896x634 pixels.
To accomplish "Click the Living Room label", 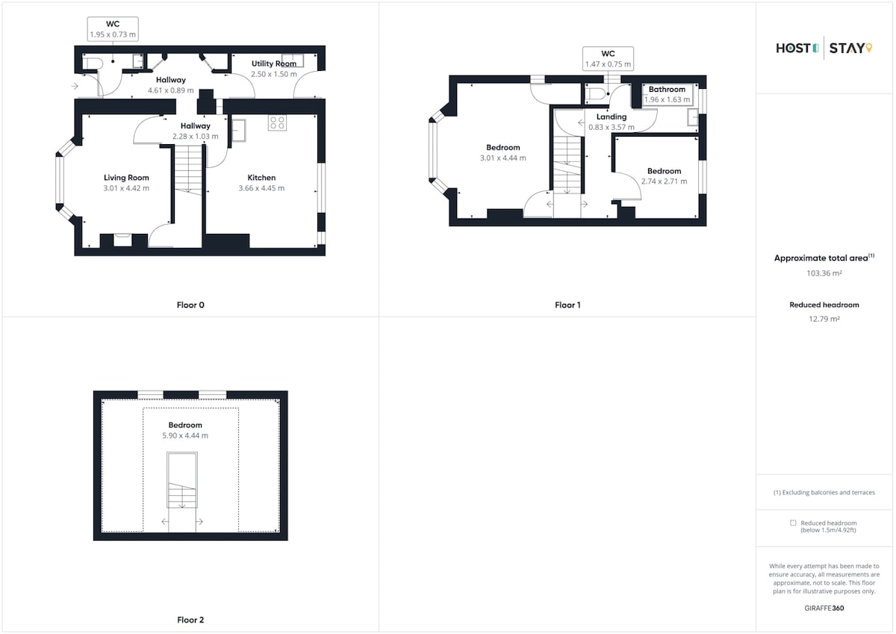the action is coord(126,178).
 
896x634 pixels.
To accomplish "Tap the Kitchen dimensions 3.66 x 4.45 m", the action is coord(261,188).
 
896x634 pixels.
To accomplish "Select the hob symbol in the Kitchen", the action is coord(277,122).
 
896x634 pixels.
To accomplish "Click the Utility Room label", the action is coord(274,63).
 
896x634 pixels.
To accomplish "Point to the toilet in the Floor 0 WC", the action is coord(93,63).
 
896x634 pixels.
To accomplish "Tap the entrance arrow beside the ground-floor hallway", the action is coord(75,86).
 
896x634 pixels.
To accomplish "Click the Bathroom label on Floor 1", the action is coord(667,89).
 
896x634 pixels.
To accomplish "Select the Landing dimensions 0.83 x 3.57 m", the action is coord(612,127).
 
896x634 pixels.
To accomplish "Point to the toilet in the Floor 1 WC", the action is coord(595,94).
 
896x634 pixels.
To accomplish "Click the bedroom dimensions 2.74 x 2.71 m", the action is coord(664,181).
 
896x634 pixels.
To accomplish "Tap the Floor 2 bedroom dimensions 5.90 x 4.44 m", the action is coord(185,435).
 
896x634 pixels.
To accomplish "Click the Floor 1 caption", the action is coord(567,305).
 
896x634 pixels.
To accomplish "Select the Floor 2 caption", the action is coord(190,620).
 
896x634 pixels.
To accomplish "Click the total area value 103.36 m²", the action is coord(824,273).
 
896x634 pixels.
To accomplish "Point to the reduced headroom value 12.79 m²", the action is coord(824,319).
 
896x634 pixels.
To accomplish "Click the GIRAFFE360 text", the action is coord(824,608).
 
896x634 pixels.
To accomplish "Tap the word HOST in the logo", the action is coord(793,49).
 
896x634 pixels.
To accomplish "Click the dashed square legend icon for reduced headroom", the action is coord(793,523).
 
